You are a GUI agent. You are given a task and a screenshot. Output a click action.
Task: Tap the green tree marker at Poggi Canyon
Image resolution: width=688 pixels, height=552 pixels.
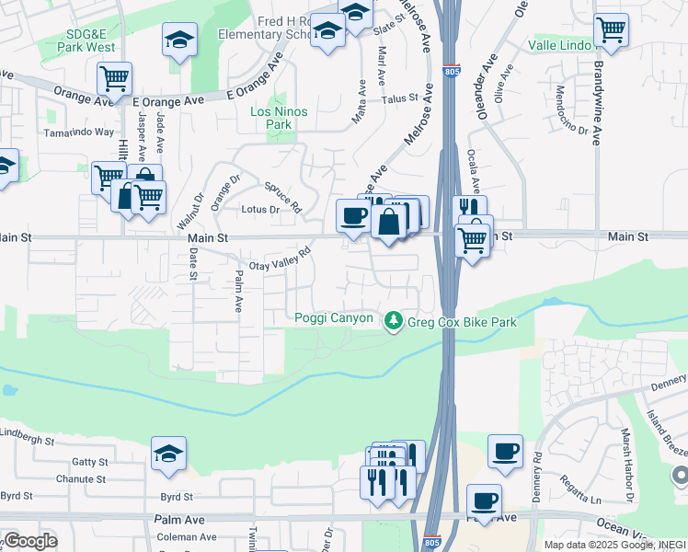[394, 320]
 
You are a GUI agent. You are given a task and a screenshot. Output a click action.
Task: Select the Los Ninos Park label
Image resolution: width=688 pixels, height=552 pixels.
[279, 118]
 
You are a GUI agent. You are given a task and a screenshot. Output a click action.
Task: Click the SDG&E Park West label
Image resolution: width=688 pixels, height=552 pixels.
[90, 40]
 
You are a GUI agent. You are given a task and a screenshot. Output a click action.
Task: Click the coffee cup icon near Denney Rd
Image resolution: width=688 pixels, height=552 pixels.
[505, 451]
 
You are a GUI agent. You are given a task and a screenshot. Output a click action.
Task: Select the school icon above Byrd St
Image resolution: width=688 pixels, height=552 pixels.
[169, 454]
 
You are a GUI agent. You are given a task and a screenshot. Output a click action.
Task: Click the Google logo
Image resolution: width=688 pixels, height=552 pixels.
[29, 541]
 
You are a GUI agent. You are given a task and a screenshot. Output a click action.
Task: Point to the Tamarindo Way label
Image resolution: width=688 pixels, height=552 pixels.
[79, 132]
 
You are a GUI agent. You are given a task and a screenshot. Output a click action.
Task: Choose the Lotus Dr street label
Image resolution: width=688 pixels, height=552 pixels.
[259, 210]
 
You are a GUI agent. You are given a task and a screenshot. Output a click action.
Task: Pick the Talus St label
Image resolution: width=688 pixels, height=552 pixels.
[401, 97]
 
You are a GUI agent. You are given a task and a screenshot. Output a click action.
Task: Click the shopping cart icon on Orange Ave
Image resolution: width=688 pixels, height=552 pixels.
[114, 79]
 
